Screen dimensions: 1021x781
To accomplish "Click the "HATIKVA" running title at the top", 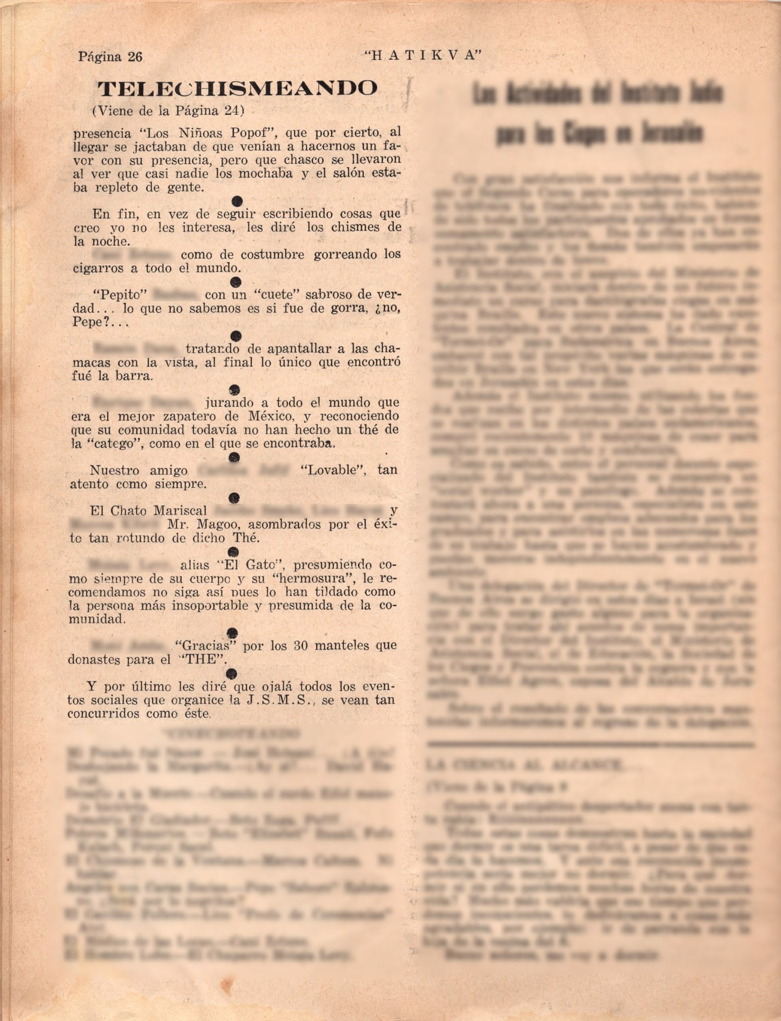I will click(x=422, y=56).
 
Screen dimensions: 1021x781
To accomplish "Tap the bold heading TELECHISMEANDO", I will click(x=237, y=88).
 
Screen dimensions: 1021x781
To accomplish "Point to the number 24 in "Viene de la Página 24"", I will click(x=234, y=111).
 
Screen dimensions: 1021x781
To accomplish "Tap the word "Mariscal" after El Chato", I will click(x=181, y=511).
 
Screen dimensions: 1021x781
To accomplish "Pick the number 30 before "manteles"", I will click(x=301, y=646).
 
